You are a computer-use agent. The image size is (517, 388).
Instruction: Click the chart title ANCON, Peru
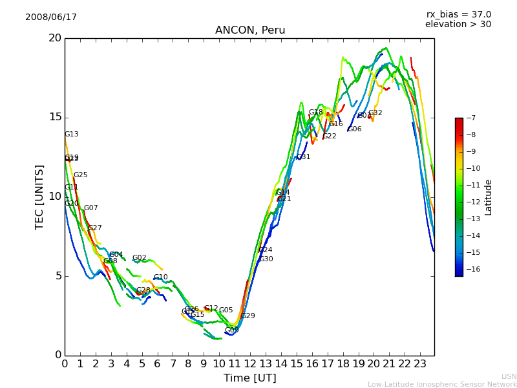pyautogui.click(x=249, y=30)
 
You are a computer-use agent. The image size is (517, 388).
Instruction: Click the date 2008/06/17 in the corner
pyautogui.click(x=51, y=17)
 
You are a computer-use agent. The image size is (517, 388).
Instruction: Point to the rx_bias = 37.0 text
pyautogui.click(x=458, y=15)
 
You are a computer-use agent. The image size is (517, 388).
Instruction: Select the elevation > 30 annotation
pyautogui.click(x=458, y=25)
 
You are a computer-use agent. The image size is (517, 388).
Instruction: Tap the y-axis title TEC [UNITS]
pyautogui.click(x=40, y=197)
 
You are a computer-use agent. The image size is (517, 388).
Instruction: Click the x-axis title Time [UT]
pyautogui.click(x=249, y=378)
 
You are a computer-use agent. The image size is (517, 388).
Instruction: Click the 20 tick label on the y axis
pyautogui.click(x=54, y=38)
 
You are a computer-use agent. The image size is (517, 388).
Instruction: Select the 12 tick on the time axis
pyautogui.click(x=250, y=363)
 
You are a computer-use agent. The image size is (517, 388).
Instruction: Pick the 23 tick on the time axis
pyautogui.click(x=420, y=363)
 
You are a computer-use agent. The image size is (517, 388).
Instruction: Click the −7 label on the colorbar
pyautogui.click(x=470, y=118)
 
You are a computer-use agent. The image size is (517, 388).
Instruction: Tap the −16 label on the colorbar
pyautogui.click(x=472, y=269)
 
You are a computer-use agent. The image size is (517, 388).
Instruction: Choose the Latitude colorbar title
pyautogui.click(x=489, y=197)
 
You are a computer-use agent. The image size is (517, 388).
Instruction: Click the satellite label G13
pyautogui.click(x=72, y=135)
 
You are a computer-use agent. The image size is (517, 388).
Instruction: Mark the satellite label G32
pyautogui.click(x=375, y=113)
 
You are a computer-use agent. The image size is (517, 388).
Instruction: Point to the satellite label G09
pyautogui.click(x=232, y=330)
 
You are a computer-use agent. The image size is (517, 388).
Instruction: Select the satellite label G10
pyautogui.click(x=161, y=277)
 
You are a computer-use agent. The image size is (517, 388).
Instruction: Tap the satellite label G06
pyautogui.click(x=355, y=129)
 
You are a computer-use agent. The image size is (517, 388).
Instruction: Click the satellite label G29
pyautogui.click(x=248, y=316)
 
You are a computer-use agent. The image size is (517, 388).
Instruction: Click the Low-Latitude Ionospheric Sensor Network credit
pyautogui.click(x=442, y=384)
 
